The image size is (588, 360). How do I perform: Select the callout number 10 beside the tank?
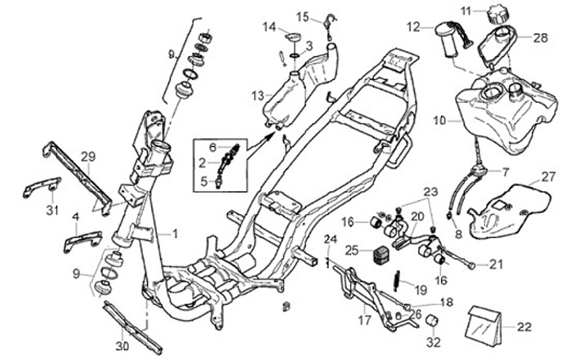pyautogui.click(x=439, y=121)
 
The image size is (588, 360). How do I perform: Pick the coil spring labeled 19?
pyautogui.click(x=397, y=279)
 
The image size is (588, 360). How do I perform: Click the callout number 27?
pyautogui.click(x=548, y=176)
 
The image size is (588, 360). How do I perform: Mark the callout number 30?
pyautogui.click(x=122, y=346)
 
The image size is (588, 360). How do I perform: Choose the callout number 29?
pyautogui.click(x=88, y=156)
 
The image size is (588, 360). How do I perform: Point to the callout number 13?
pyautogui.click(x=258, y=95)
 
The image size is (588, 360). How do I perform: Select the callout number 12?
pyautogui.click(x=414, y=27)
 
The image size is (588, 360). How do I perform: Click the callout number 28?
pyautogui.click(x=541, y=38)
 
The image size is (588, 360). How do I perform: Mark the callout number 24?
pyautogui.click(x=331, y=239)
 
